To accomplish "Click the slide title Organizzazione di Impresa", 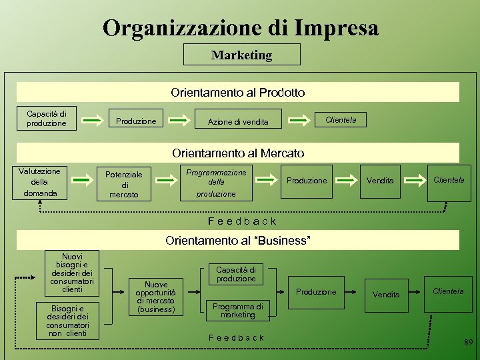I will click(241, 27).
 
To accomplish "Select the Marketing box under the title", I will click(241, 55).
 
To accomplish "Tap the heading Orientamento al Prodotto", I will click(238, 93).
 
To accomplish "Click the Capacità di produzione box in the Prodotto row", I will click(47, 119).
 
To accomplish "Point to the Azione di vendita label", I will click(238, 122).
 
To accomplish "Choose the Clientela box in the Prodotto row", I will click(340, 120).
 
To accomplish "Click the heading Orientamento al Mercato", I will click(238, 153).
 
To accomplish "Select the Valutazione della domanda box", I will click(40, 182).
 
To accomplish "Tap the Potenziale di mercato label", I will click(123, 184).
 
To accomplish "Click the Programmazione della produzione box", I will click(216, 183).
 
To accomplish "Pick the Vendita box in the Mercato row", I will click(380, 181).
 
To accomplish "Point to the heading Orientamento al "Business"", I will click(238, 240).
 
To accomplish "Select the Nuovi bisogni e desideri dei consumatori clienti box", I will click(71, 272).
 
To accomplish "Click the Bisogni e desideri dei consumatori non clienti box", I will click(71, 321).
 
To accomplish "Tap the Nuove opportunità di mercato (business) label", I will click(155, 297).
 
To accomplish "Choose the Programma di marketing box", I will click(237, 310).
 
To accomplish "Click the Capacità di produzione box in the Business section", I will click(235, 274).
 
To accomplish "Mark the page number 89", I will click(468, 343).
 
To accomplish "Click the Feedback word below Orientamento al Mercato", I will click(241, 221).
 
